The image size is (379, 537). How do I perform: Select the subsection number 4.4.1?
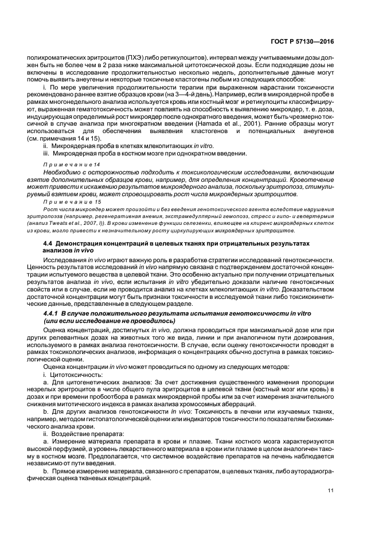(x=53, y=316)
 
